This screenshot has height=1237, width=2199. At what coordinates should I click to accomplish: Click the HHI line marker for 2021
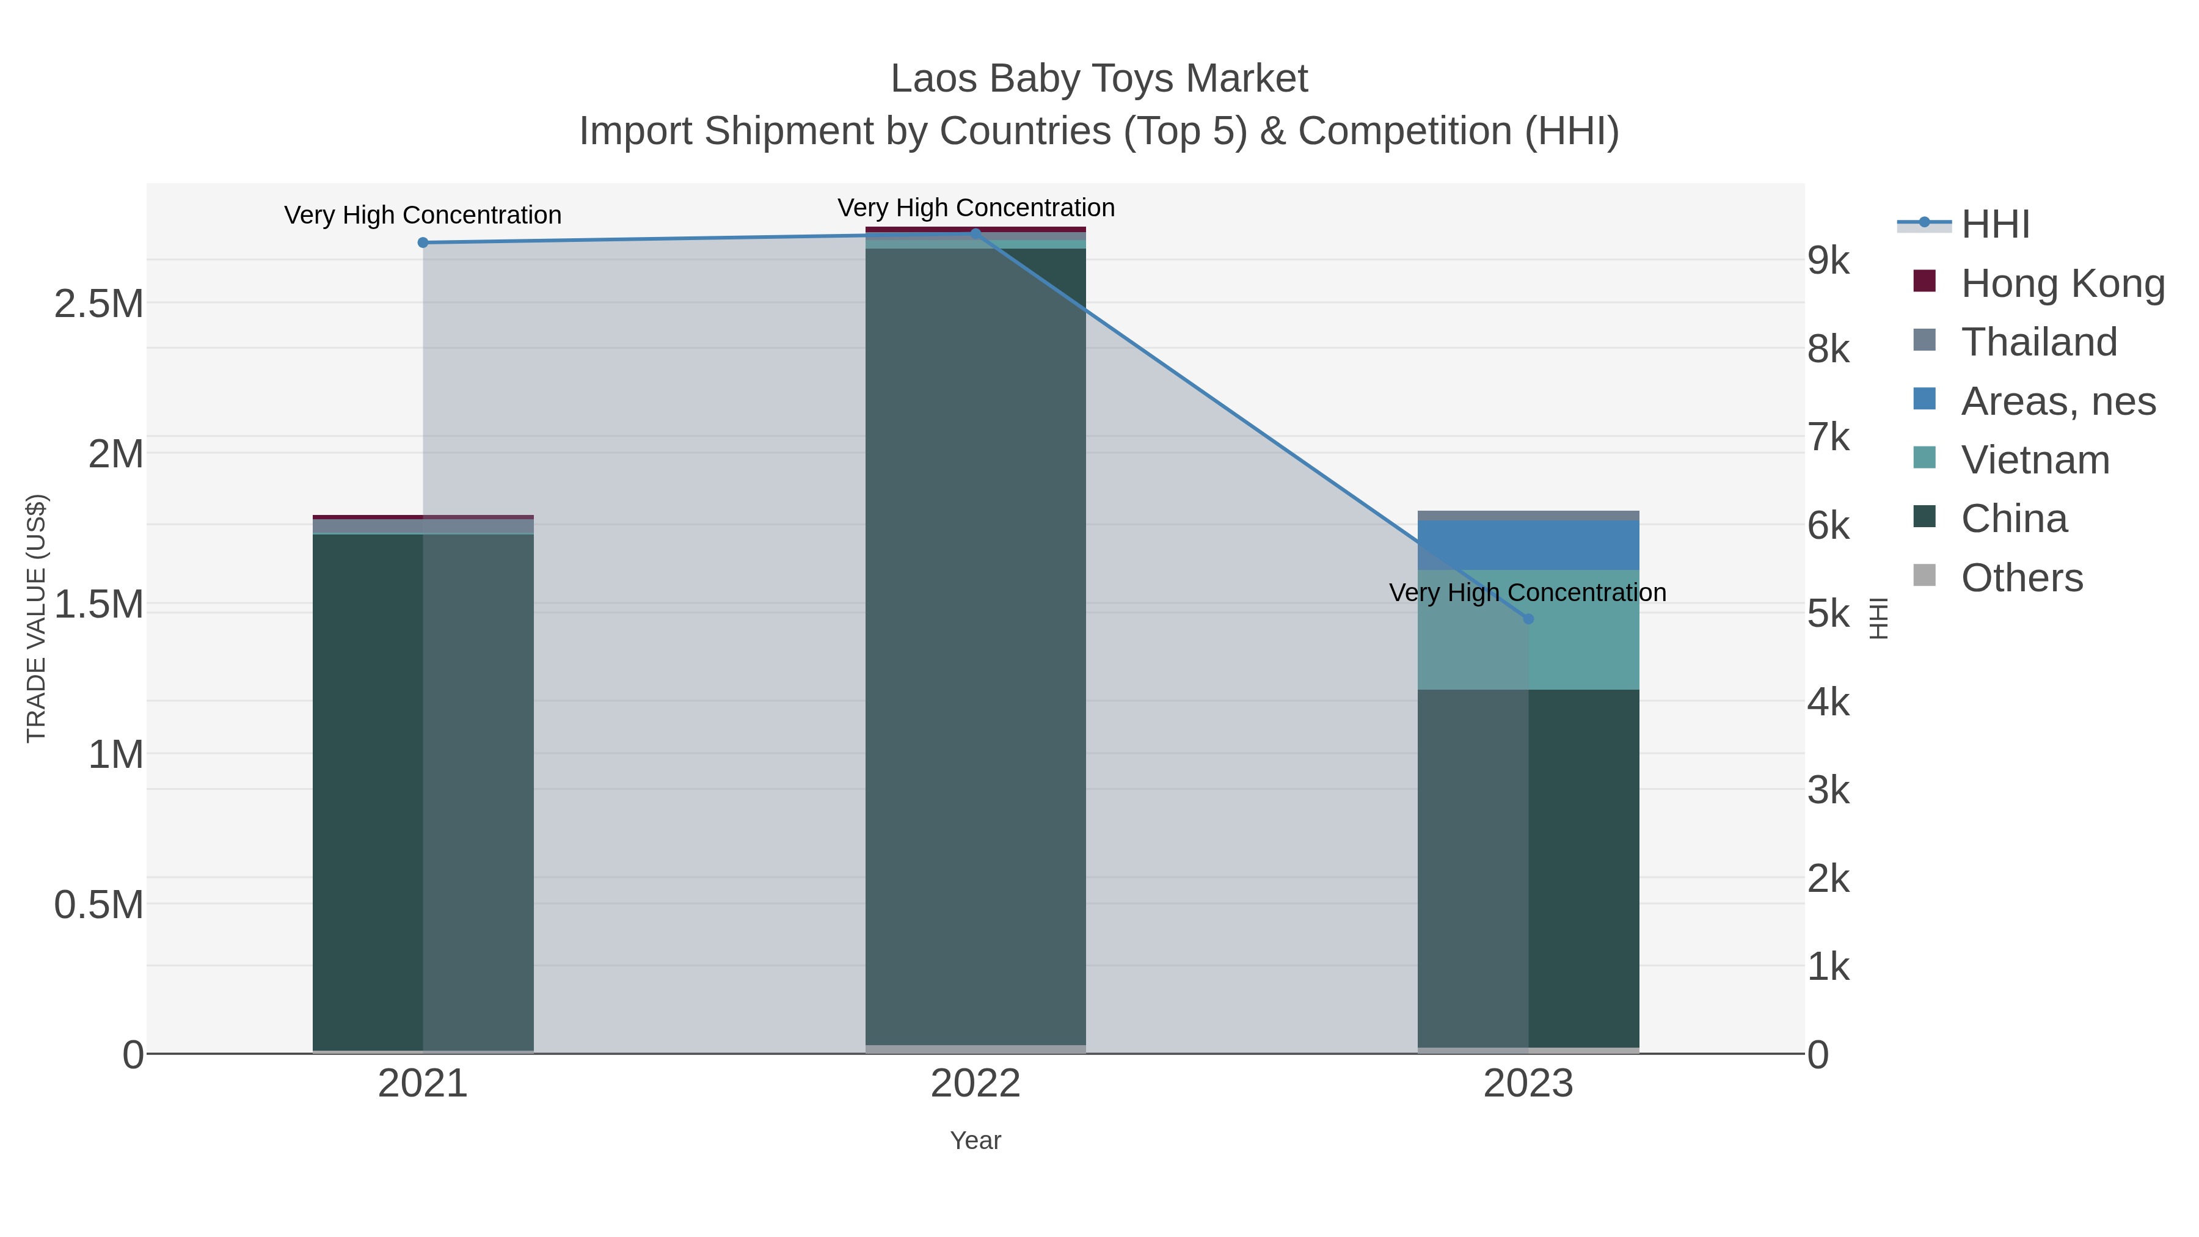[423, 243]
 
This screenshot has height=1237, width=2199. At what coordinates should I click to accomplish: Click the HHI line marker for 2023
[1528, 619]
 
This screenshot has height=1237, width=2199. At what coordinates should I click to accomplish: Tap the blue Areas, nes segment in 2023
[1528, 545]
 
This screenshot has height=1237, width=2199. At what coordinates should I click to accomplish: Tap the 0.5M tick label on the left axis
[99, 905]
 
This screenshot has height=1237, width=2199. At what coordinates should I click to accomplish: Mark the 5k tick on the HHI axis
[1828, 614]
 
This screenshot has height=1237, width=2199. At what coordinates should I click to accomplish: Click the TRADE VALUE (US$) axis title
[36, 618]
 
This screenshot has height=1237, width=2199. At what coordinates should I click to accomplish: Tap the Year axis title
[975, 1140]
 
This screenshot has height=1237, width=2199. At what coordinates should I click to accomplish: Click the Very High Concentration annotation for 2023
[1527, 593]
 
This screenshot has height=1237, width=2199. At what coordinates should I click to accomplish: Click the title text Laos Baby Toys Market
[1099, 79]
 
